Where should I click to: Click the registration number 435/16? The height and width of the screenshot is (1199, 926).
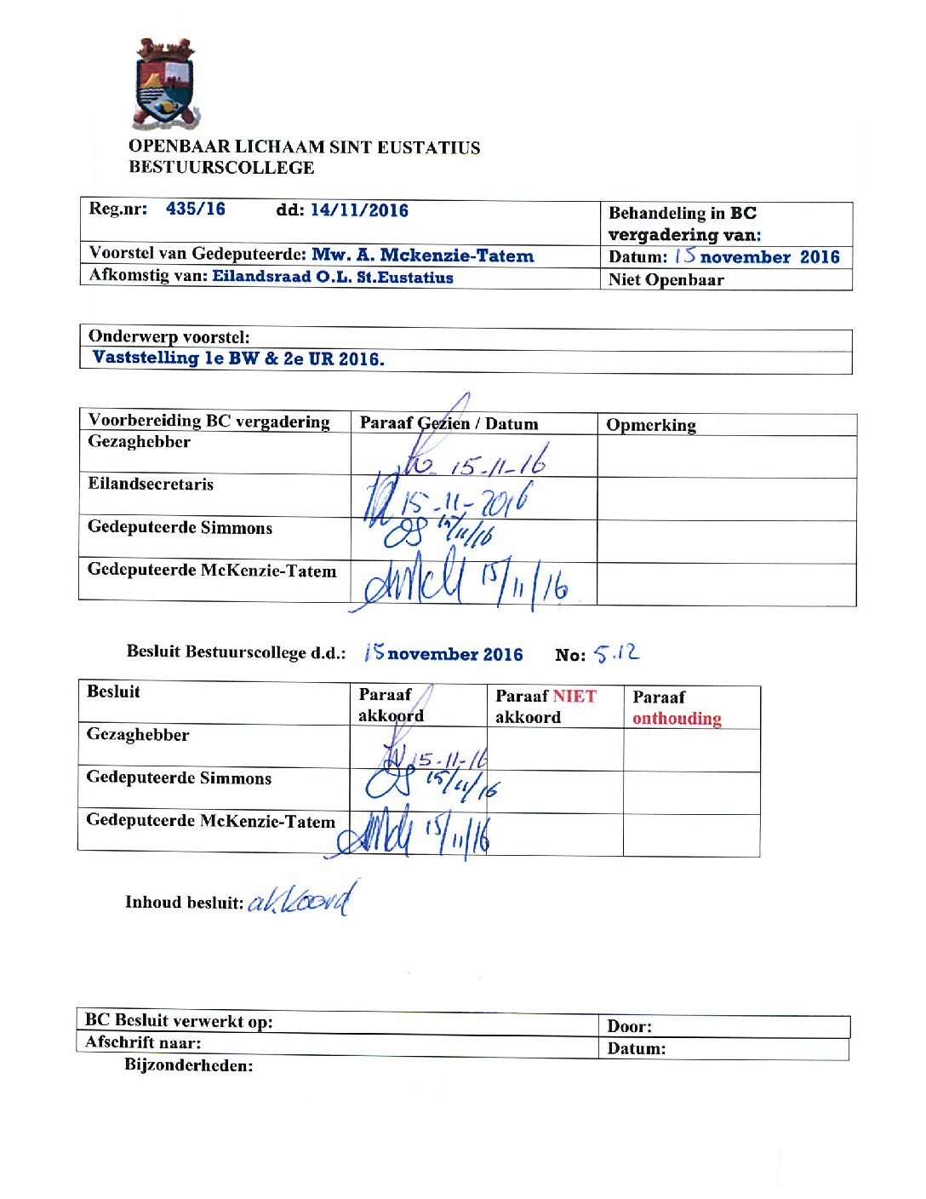196,209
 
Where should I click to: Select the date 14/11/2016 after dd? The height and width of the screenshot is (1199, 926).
359,210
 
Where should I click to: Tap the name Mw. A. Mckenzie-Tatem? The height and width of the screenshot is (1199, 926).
423,255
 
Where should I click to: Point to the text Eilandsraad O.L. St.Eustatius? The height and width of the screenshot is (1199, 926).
333,277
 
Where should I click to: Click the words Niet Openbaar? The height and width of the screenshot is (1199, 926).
666,280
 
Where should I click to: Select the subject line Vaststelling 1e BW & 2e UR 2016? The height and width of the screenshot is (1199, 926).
238,359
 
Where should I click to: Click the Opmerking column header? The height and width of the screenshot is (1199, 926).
651,425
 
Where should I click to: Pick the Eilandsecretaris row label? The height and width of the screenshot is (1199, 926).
151,485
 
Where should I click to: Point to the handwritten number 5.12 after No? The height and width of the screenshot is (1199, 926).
616,653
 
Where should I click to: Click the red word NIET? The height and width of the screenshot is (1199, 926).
574,697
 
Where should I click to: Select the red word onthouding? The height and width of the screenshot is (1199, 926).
677,719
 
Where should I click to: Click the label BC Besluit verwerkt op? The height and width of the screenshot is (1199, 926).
179,1021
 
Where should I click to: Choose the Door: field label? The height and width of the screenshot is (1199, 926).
629,1026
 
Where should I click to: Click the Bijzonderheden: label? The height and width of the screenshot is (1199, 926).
189,1065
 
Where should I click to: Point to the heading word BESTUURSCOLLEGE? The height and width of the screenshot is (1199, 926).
221,168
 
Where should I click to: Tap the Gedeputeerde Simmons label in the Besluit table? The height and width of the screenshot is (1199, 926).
179,778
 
